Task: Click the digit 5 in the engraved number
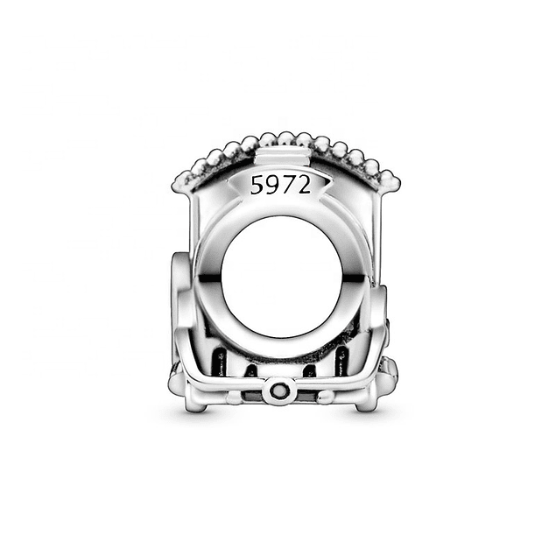[x=257, y=186]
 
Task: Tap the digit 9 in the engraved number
[x=272, y=186]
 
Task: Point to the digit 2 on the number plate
[x=304, y=186]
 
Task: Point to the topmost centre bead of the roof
[x=285, y=138]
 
